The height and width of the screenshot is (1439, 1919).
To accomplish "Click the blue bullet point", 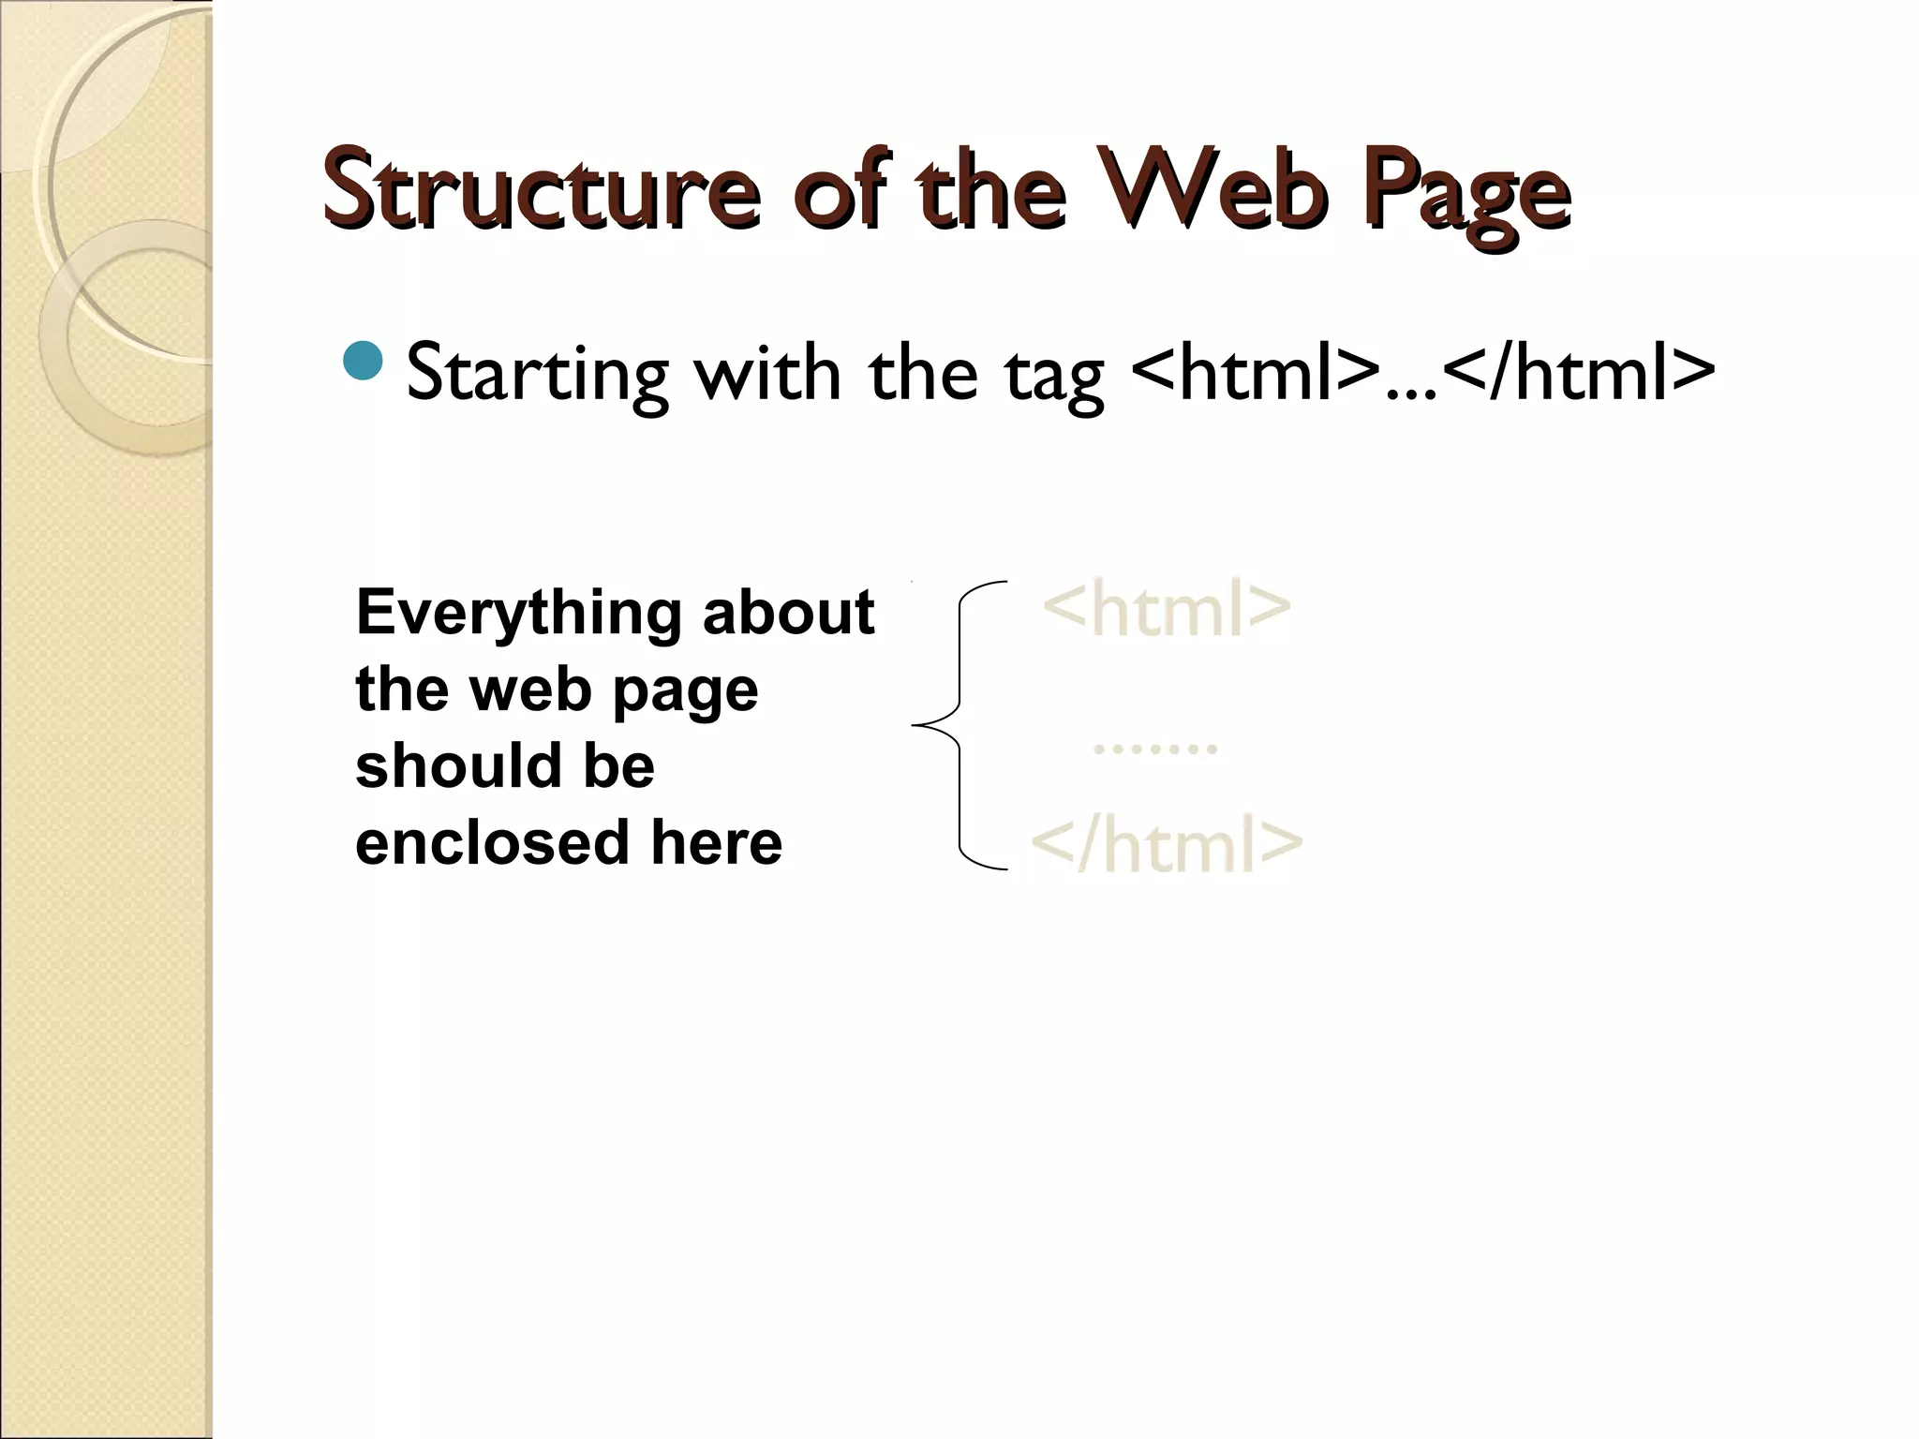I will click(x=364, y=362).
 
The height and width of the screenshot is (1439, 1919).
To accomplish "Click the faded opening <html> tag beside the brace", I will click(x=1166, y=609).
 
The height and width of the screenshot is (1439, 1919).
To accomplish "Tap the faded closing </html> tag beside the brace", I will click(x=1167, y=843).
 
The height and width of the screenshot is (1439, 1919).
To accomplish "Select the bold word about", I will click(x=788, y=614).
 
